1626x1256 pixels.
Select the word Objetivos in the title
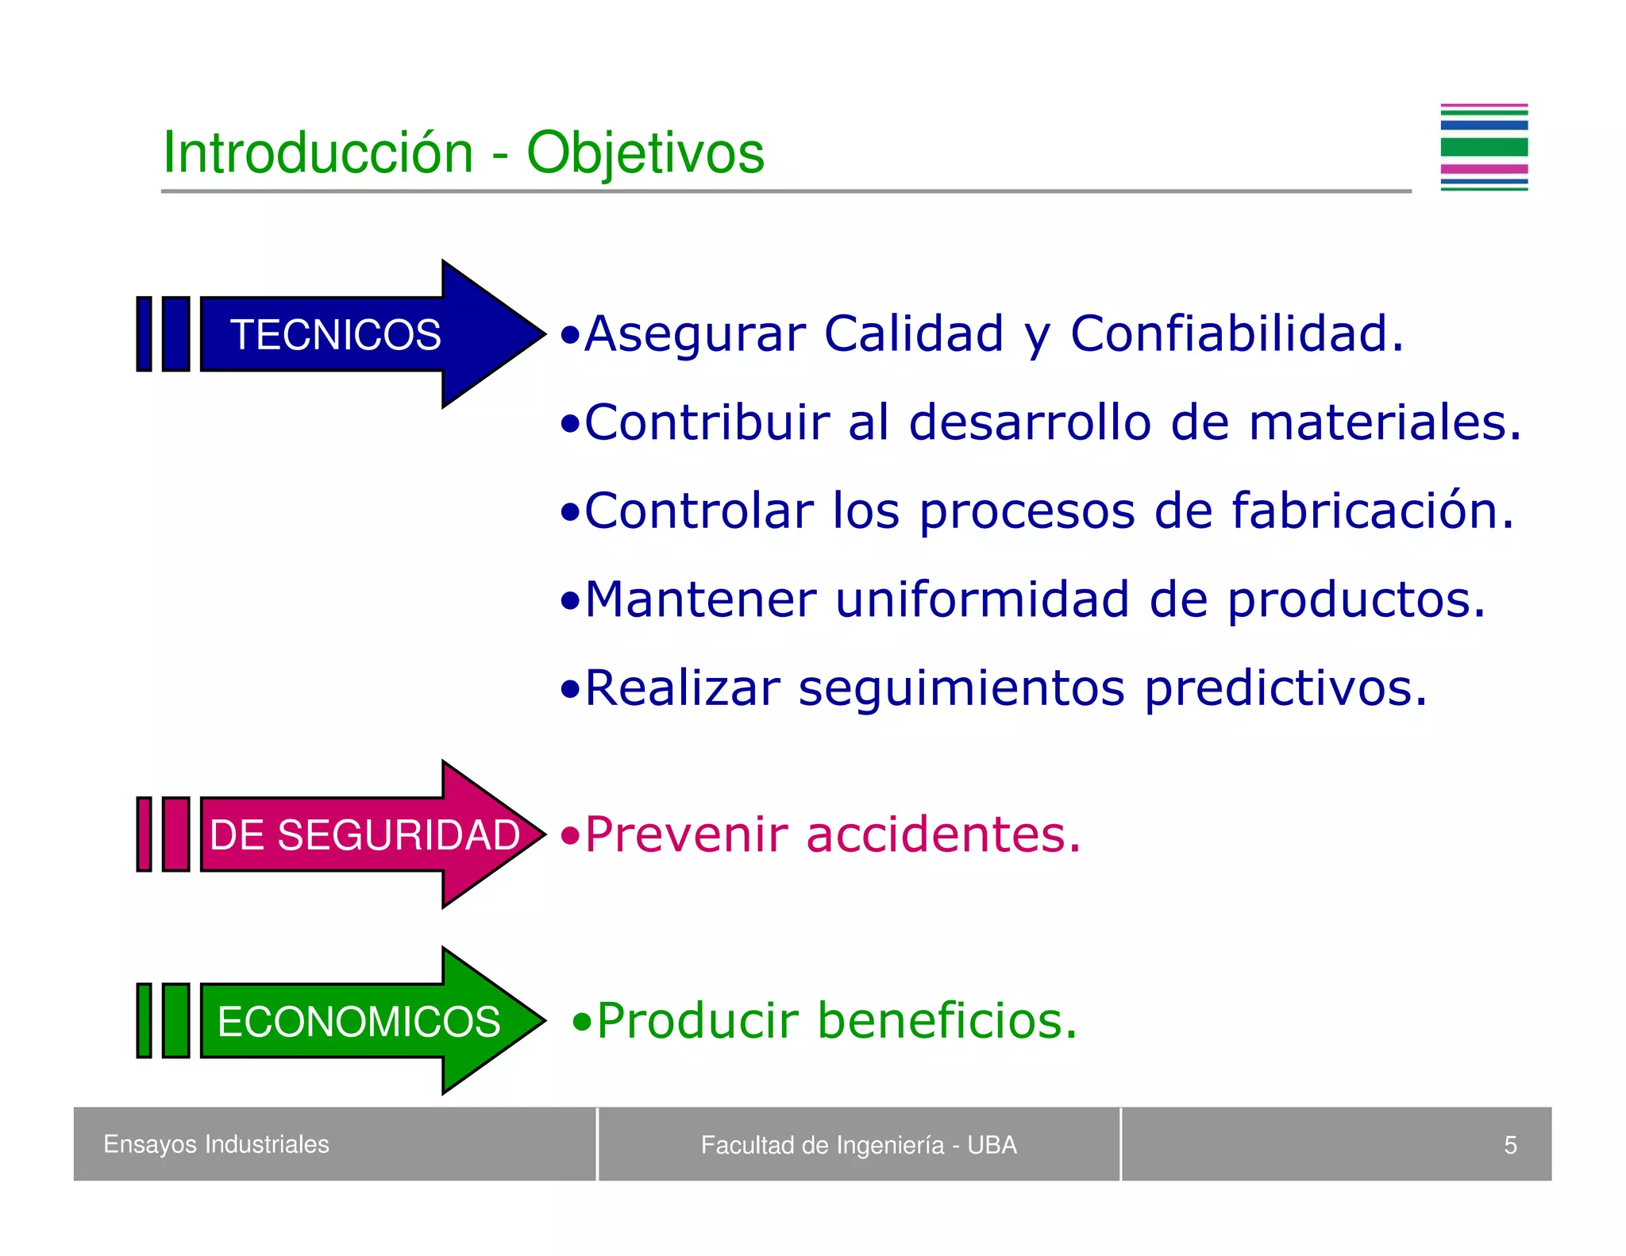pos(645,154)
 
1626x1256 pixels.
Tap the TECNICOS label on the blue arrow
pos(335,334)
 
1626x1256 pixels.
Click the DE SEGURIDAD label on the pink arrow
pos(364,835)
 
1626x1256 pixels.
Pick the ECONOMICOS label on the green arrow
pos(359,1022)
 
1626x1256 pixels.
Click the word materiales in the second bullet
pos(1385,422)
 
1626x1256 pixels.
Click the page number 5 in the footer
pos(1510,1145)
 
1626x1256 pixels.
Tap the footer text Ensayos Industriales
pos(216,1144)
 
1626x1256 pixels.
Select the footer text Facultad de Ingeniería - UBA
pos(858,1145)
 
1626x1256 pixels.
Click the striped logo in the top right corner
pos(1484,148)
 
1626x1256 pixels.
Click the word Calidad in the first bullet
pos(914,333)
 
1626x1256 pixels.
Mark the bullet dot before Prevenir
pos(570,836)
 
